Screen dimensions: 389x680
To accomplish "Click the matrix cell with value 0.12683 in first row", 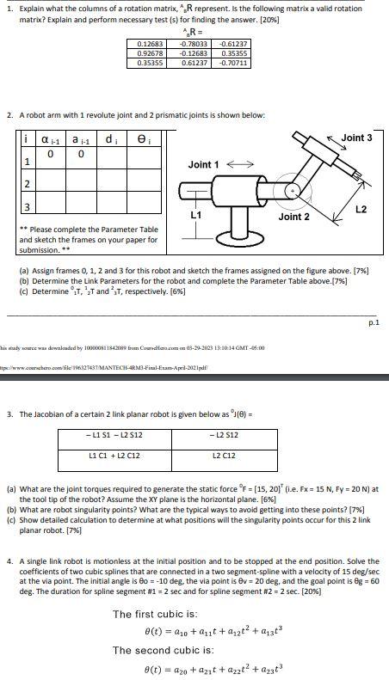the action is pyautogui.click(x=151, y=43).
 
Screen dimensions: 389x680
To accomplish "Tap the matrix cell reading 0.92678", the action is pyautogui.click(x=151, y=53).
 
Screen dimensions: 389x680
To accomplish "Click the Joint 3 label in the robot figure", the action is pyautogui.click(x=357, y=138).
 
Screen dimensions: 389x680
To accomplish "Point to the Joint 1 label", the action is pyautogui.click(x=204, y=163).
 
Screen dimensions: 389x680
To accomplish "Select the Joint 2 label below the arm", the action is pyautogui.click(x=294, y=217).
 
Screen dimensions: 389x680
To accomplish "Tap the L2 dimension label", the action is pyautogui.click(x=361, y=209).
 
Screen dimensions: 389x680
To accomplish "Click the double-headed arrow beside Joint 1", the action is pyautogui.click(x=238, y=163).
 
